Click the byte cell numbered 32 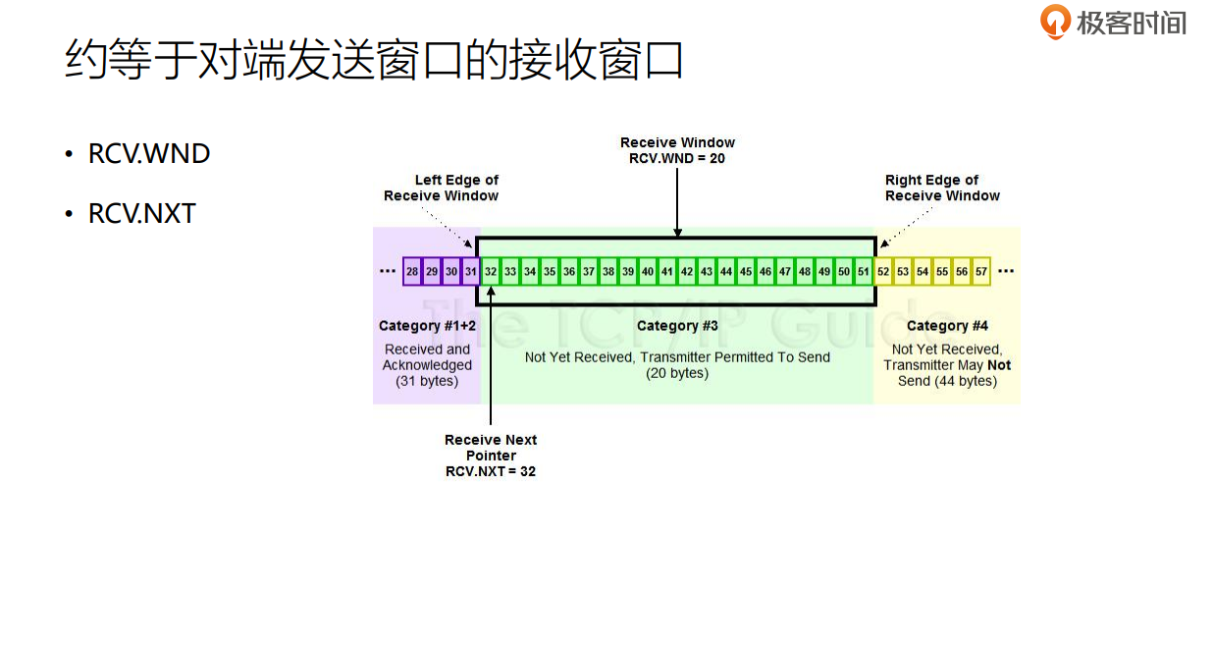click(491, 272)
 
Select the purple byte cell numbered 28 click(412, 272)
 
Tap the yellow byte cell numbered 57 click(980, 272)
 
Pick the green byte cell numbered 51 click(864, 272)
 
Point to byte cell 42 click(687, 272)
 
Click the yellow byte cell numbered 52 click(883, 272)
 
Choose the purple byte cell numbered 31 click(471, 272)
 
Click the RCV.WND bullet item click(149, 154)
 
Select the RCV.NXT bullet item click(142, 213)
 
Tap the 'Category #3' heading click(677, 326)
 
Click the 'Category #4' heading click(947, 326)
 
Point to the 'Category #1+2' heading click(427, 326)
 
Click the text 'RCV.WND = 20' click(677, 158)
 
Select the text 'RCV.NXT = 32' click(491, 471)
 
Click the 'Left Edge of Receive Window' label click(442, 188)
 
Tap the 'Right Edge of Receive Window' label click(942, 188)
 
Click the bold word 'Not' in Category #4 click(999, 365)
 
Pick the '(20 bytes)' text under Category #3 click(677, 373)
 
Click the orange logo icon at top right click(1055, 22)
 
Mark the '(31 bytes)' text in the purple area click(427, 381)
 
